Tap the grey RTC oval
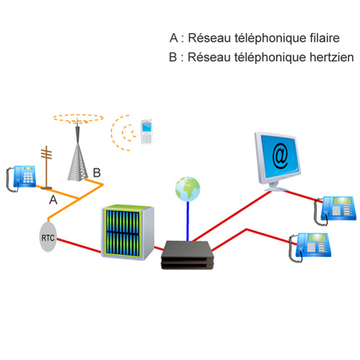(x=48, y=237)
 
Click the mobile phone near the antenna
(x=146, y=132)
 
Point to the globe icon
(x=187, y=189)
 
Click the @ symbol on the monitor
(x=280, y=156)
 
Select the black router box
(x=187, y=255)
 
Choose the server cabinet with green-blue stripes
(x=127, y=232)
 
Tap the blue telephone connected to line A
(x=21, y=178)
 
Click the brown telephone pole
(x=46, y=167)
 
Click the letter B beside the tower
(x=96, y=173)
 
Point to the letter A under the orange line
(x=53, y=199)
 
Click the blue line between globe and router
(x=188, y=221)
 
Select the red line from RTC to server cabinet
(x=78, y=246)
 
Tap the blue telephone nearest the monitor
(x=335, y=210)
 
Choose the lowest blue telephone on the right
(x=310, y=247)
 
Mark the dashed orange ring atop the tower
(x=78, y=118)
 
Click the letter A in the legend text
(x=174, y=38)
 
